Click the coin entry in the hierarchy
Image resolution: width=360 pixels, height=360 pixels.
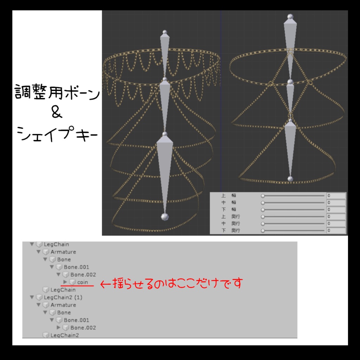click(83, 282)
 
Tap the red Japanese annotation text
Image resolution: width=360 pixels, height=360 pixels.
click(172, 283)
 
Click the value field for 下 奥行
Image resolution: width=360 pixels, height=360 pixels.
click(336, 231)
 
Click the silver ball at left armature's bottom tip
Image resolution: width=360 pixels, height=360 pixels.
click(163, 217)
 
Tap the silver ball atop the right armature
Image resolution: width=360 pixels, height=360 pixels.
click(290, 17)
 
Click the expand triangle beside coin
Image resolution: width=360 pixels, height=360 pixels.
click(65, 282)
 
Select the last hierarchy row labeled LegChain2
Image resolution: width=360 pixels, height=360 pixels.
click(64, 335)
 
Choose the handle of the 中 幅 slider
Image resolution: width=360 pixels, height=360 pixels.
click(263, 203)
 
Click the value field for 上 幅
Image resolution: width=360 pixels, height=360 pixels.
click(336, 196)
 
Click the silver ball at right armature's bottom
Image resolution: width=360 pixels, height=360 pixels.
click(290, 179)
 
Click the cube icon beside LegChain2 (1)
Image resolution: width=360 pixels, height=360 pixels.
click(39, 297)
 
